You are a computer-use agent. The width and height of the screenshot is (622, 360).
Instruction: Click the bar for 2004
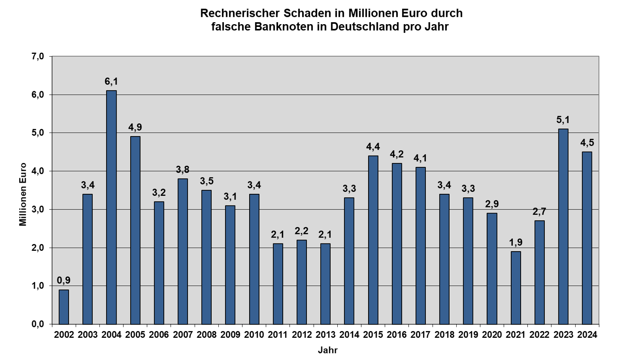(111, 207)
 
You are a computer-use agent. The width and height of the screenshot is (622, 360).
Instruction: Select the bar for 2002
(64, 307)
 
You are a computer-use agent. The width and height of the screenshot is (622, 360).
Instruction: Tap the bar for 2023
(563, 226)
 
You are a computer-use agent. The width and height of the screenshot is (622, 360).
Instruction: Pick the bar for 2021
(516, 287)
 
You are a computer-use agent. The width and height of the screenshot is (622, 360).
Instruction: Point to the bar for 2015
(373, 240)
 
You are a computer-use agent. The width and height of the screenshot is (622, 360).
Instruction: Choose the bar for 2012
(301, 282)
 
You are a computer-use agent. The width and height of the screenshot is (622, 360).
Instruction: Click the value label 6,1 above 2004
(111, 82)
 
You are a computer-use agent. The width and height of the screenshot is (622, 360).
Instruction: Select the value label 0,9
(64, 280)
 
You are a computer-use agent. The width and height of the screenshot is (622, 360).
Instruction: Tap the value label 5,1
(563, 120)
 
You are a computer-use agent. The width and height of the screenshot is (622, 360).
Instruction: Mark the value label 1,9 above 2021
(516, 243)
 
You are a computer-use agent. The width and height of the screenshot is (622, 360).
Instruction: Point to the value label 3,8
(183, 170)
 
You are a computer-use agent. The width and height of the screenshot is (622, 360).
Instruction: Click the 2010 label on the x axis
(254, 335)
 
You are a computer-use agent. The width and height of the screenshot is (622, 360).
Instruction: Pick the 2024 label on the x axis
(587, 335)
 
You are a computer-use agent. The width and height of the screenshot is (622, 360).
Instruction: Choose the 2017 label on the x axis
(420, 335)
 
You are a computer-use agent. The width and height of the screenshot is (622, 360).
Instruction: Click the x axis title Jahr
(328, 350)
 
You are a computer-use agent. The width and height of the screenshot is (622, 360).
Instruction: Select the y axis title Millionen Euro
(23, 194)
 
